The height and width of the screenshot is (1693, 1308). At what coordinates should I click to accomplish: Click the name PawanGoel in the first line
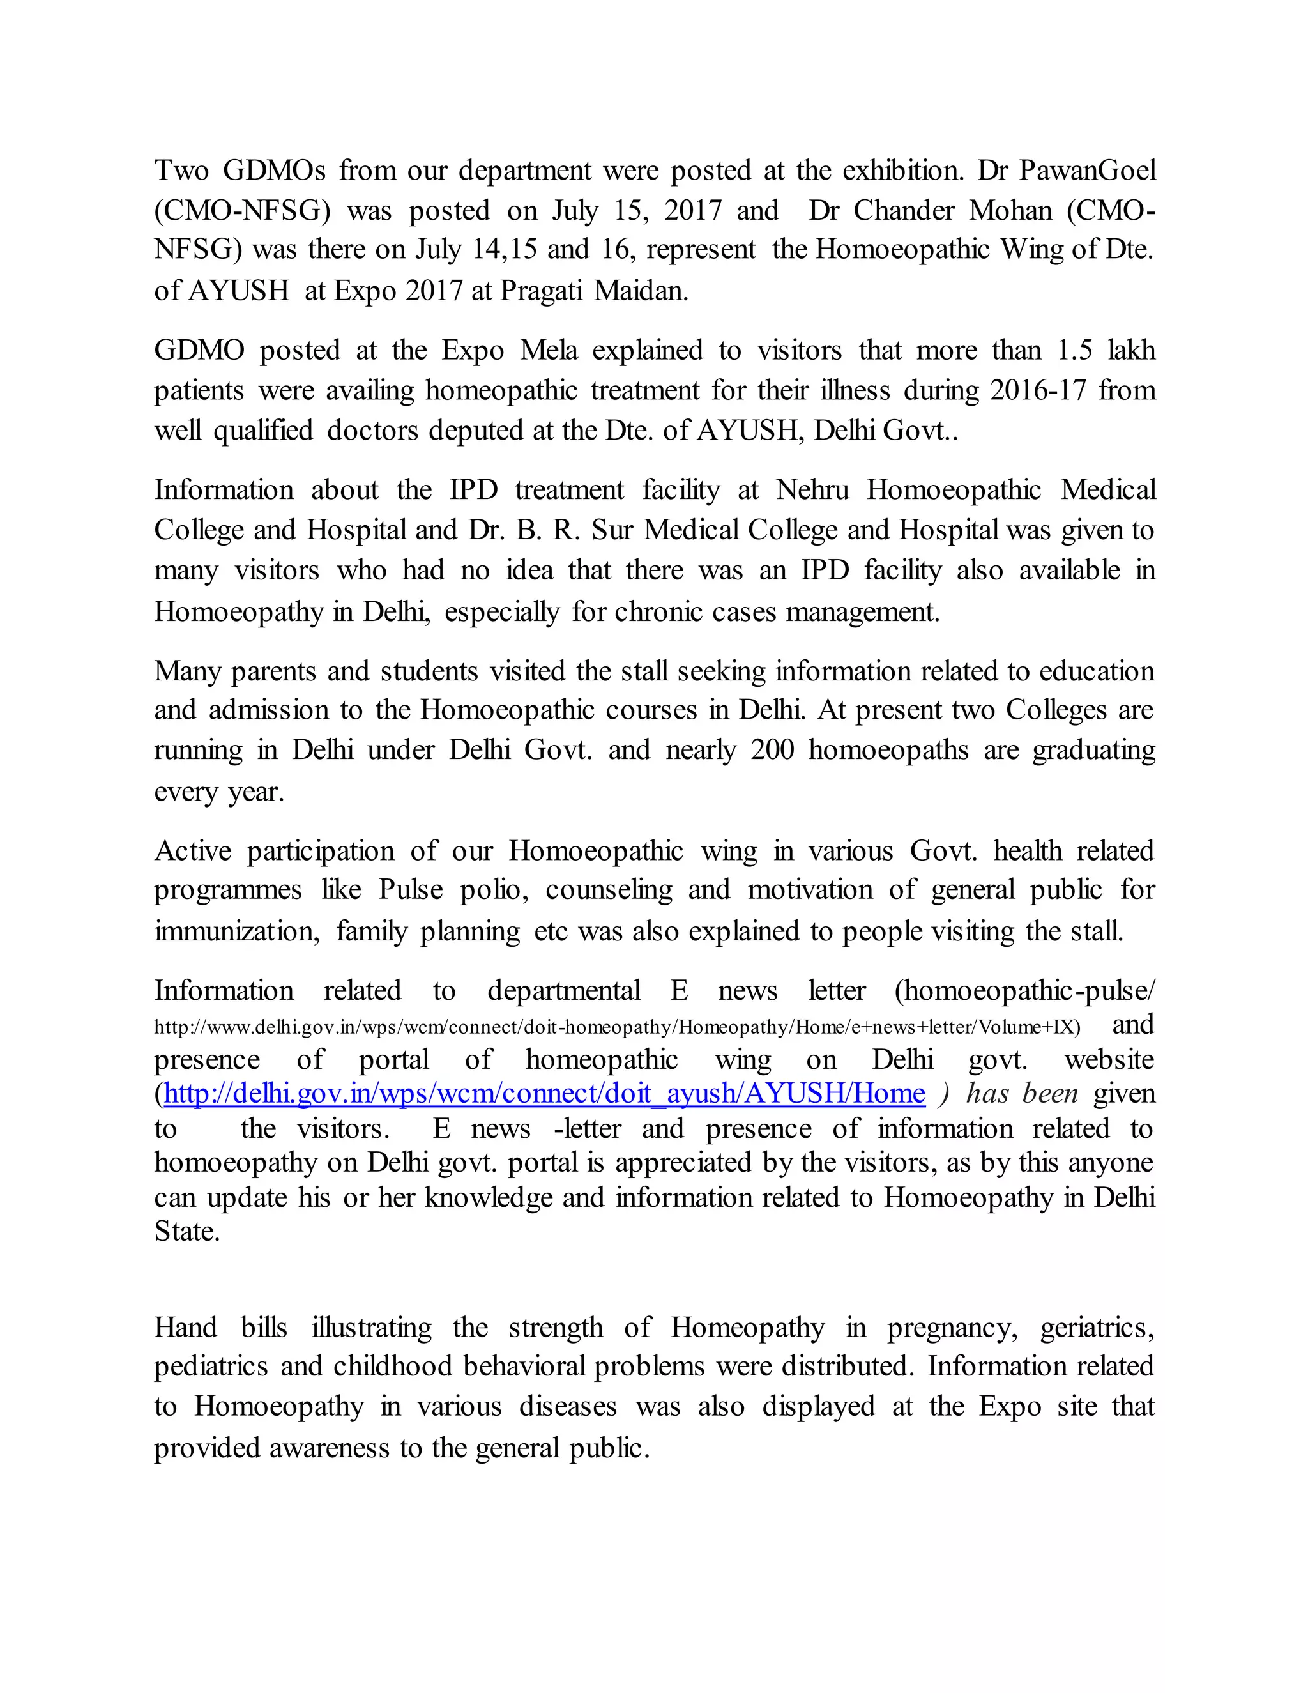tap(1086, 170)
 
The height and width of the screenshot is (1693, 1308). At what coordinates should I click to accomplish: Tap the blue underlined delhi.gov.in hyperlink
tap(544, 1094)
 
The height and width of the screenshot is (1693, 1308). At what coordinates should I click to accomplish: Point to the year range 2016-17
tap(1038, 390)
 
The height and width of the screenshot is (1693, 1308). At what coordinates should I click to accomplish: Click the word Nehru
tap(812, 490)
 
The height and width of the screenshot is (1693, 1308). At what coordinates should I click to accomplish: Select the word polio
tap(493, 890)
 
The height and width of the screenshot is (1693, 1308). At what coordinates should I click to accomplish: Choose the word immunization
tap(236, 931)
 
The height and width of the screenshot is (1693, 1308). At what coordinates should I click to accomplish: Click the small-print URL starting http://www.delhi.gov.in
tap(617, 1028)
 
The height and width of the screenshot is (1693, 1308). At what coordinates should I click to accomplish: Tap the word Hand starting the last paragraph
tap(185, 1328)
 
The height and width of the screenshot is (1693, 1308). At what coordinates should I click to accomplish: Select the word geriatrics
tap(1097, 1328)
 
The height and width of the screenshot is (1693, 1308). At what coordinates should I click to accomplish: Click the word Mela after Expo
tap(549, 349)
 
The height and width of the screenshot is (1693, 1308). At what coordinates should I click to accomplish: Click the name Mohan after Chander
tap(1011, 210)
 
